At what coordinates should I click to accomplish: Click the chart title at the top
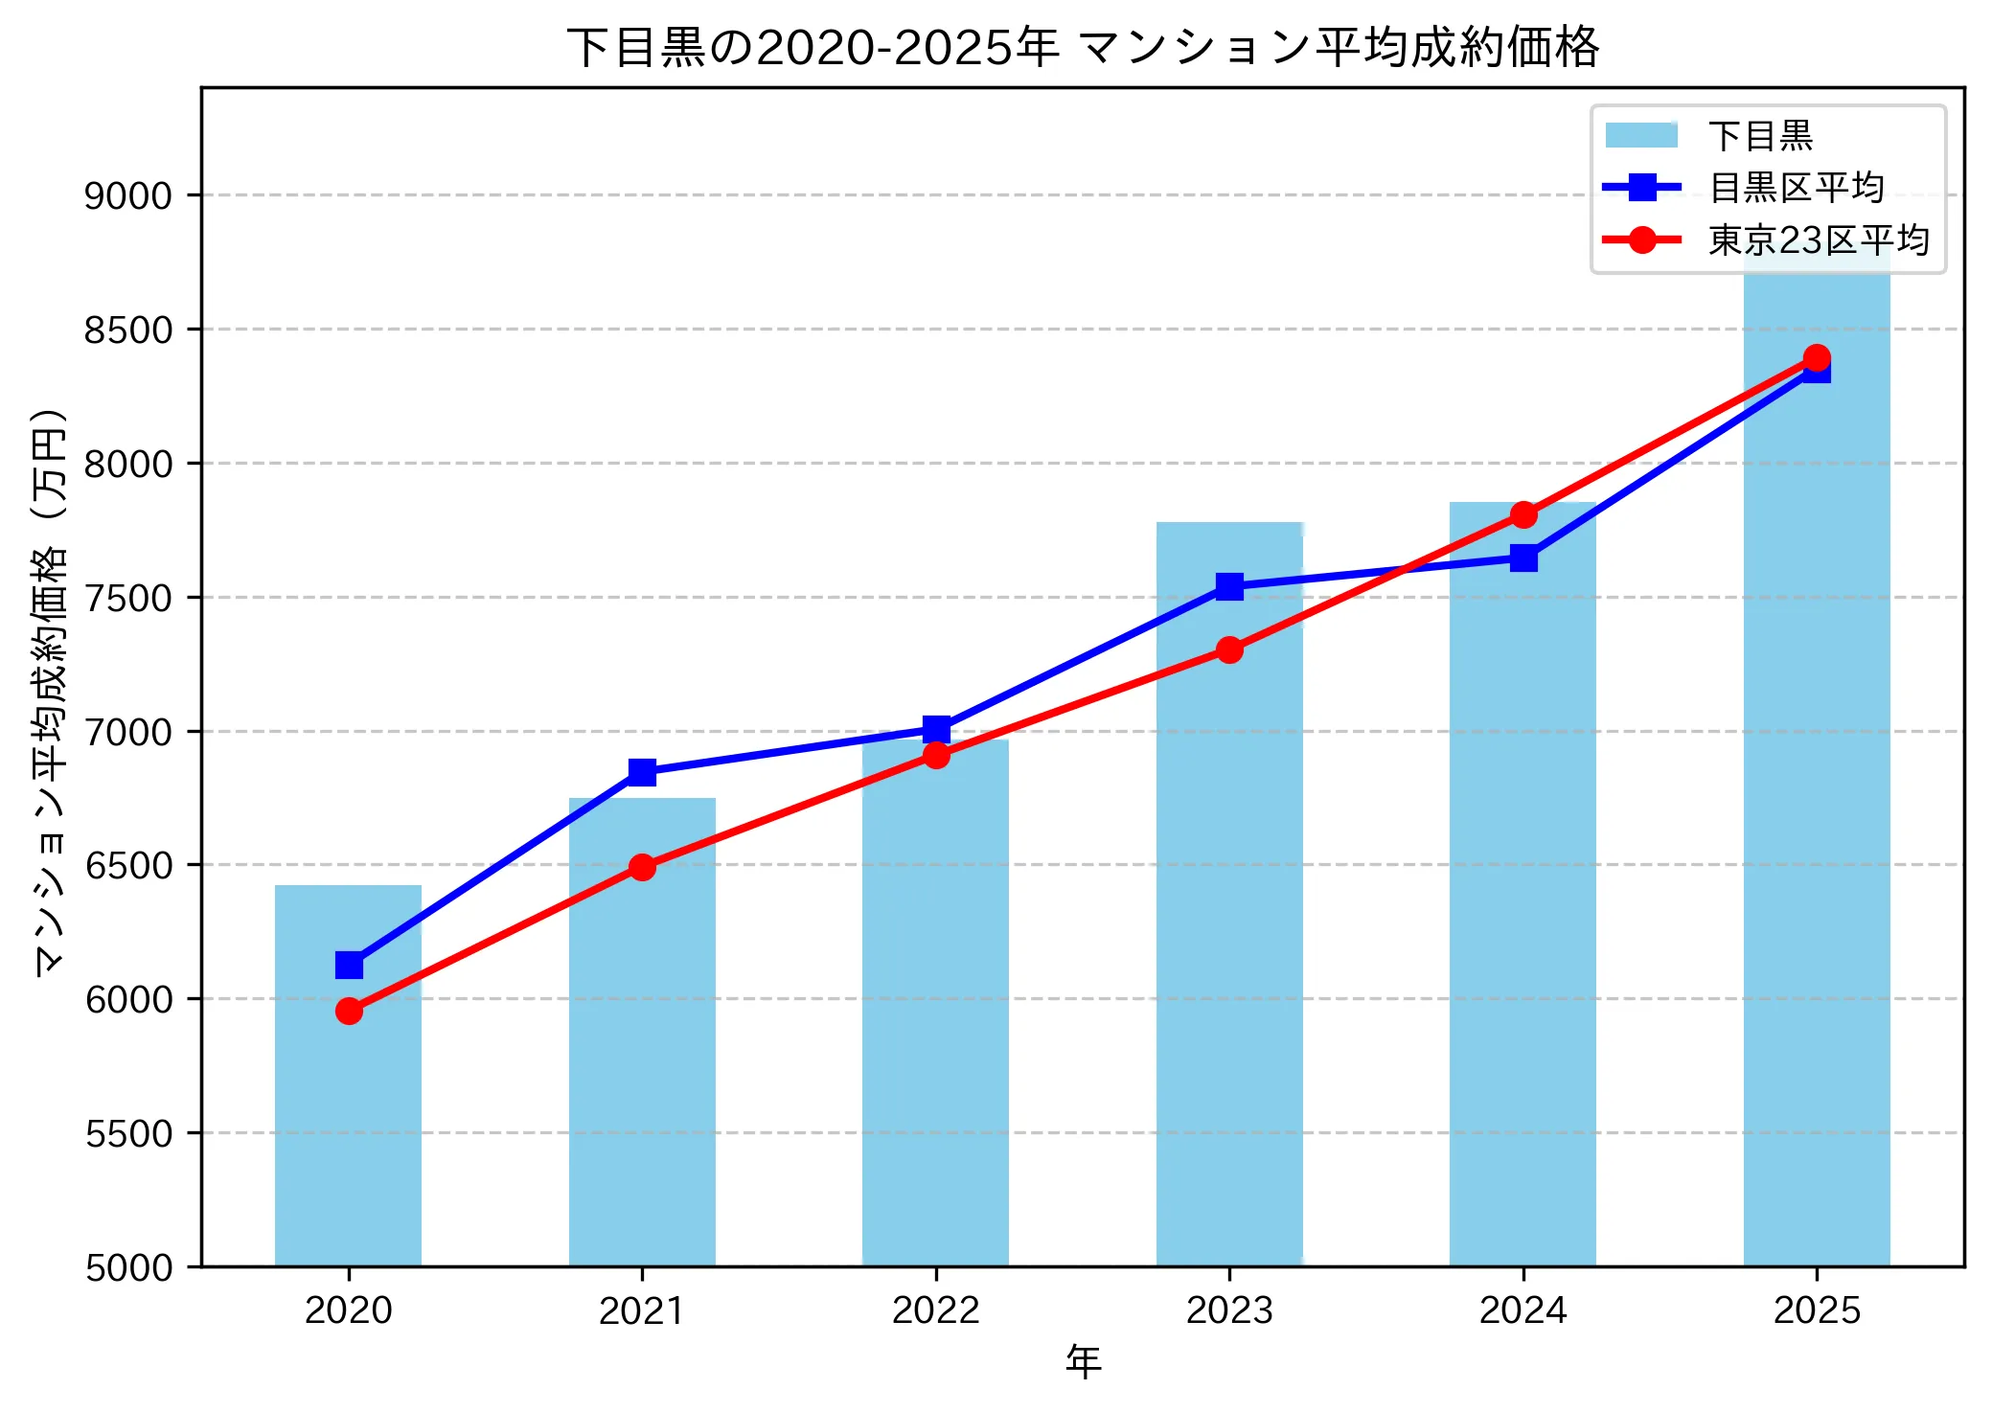[x=1083, y=47]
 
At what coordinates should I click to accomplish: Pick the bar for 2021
[x=642, y=1035]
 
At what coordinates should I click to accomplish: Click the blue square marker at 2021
[x=642, y=772]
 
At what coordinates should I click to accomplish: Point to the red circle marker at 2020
[x=349, y=1012]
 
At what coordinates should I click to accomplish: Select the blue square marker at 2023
[x=1229, y=586]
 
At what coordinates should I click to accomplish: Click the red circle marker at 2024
[x=1523, y=515]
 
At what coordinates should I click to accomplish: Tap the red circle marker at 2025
[x=1817, y=358]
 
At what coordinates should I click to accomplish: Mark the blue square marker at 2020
[x=349, y=965]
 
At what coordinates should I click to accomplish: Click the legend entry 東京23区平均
[x=1819, y=240]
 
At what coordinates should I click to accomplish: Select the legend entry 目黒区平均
[x=1797, y=188]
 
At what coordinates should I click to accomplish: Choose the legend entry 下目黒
[x=1760, y=136]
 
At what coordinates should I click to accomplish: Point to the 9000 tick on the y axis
[x=128, y=196]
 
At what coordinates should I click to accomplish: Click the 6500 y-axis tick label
[x=128, y=866]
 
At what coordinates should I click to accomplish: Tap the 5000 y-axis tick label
[x=128, y=1268]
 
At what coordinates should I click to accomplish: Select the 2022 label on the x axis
[x=935, y=1310]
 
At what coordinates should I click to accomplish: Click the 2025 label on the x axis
[x=1817, y=1310]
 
